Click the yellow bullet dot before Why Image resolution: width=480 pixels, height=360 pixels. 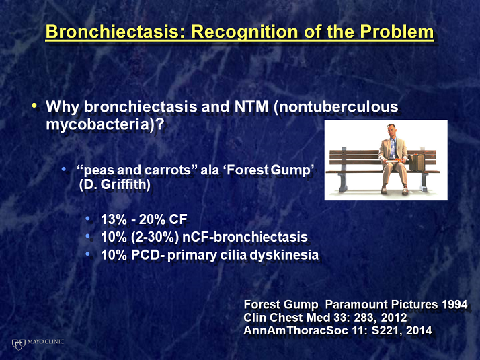(x=34, y=106)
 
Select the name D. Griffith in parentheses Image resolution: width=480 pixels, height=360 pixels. (x=114, y=185)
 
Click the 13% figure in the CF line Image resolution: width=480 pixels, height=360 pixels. (x=114, y=219)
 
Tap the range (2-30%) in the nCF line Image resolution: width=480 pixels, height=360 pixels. (x=155, y=237)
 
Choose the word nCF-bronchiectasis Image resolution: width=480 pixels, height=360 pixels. (x=245, y=237)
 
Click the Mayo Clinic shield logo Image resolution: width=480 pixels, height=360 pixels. (x=18, y=345)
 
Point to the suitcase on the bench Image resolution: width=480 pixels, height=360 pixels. (x=417, y=162)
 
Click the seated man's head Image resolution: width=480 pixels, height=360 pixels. (x=391, y=131)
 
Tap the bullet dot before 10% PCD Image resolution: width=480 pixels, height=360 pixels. (x=89, y=254)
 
